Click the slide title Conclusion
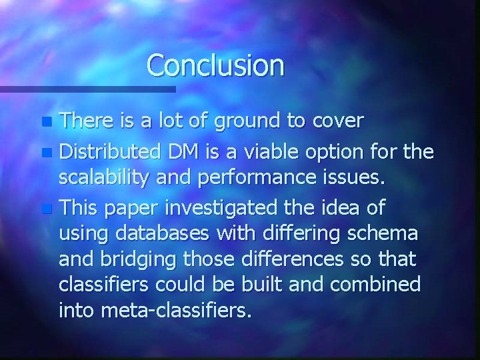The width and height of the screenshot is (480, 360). click(215, 65)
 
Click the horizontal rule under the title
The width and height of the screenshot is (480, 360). click(87, 88)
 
